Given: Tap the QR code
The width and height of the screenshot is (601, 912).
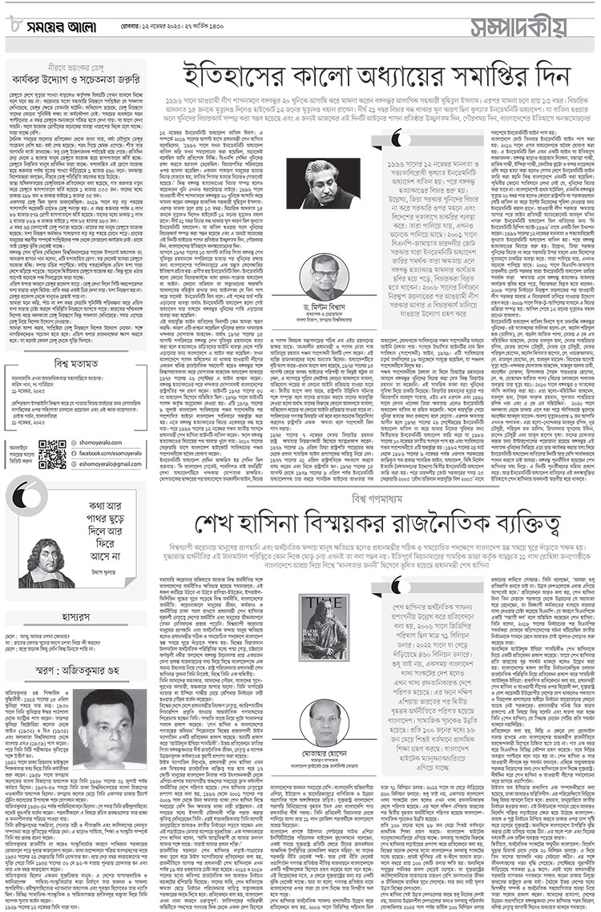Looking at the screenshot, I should pos(52,454).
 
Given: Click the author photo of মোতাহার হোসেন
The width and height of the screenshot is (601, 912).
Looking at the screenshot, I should pos(325,723).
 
